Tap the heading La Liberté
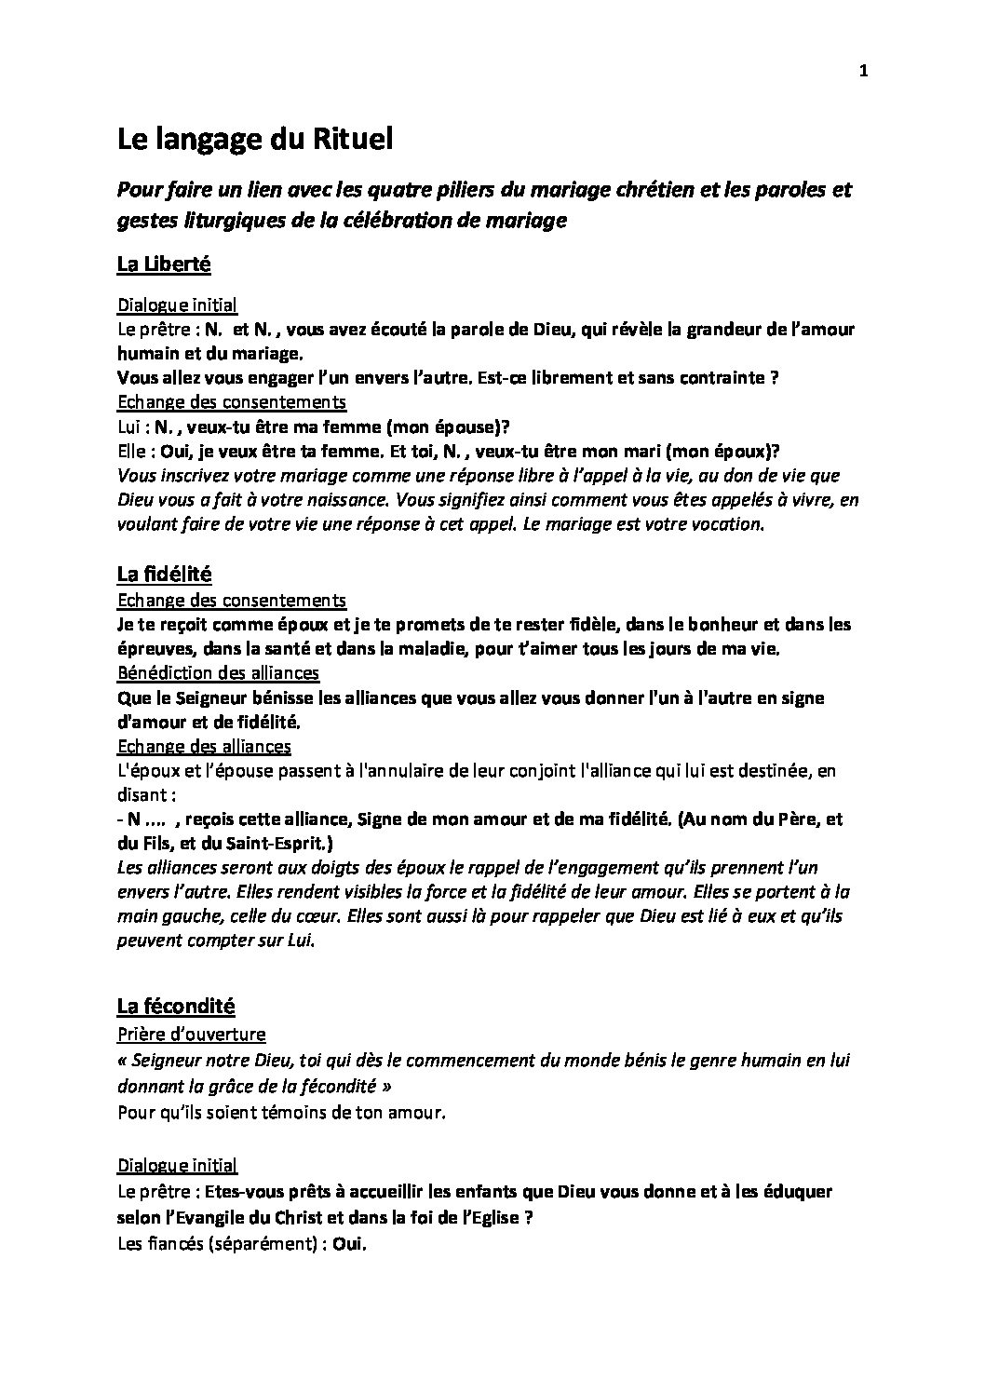(x=164, y=264)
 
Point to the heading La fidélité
(x=164, y=574)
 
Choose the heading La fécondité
(x=175, y=1006)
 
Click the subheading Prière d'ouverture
(x=191, y=1035)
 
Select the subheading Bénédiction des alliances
(x=218, y=672)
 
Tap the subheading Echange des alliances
(x=204, y=746)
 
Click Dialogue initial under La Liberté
(x=177, y=305)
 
